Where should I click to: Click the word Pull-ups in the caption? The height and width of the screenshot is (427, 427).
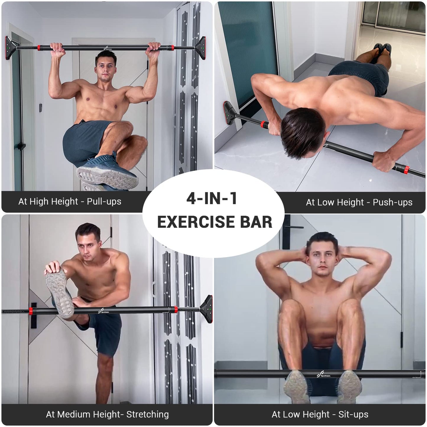[x=104, y=202]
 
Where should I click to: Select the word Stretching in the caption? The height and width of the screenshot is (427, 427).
[x=147, y=414]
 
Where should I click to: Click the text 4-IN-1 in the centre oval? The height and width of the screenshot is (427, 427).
[x=212, y=198]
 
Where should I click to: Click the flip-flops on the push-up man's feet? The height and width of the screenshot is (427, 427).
[x=382, y=49]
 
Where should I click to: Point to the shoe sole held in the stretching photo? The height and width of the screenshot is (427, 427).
[x=59, y=291]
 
